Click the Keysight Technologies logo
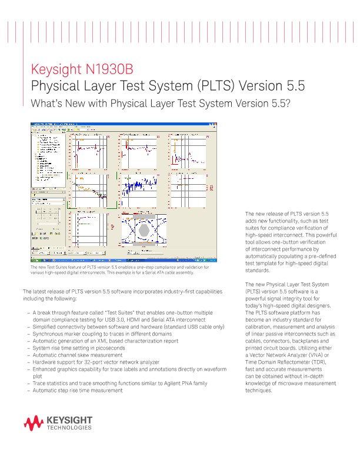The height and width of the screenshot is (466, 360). click(57, 422)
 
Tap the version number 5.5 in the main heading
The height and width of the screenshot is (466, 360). click(292, 86)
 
